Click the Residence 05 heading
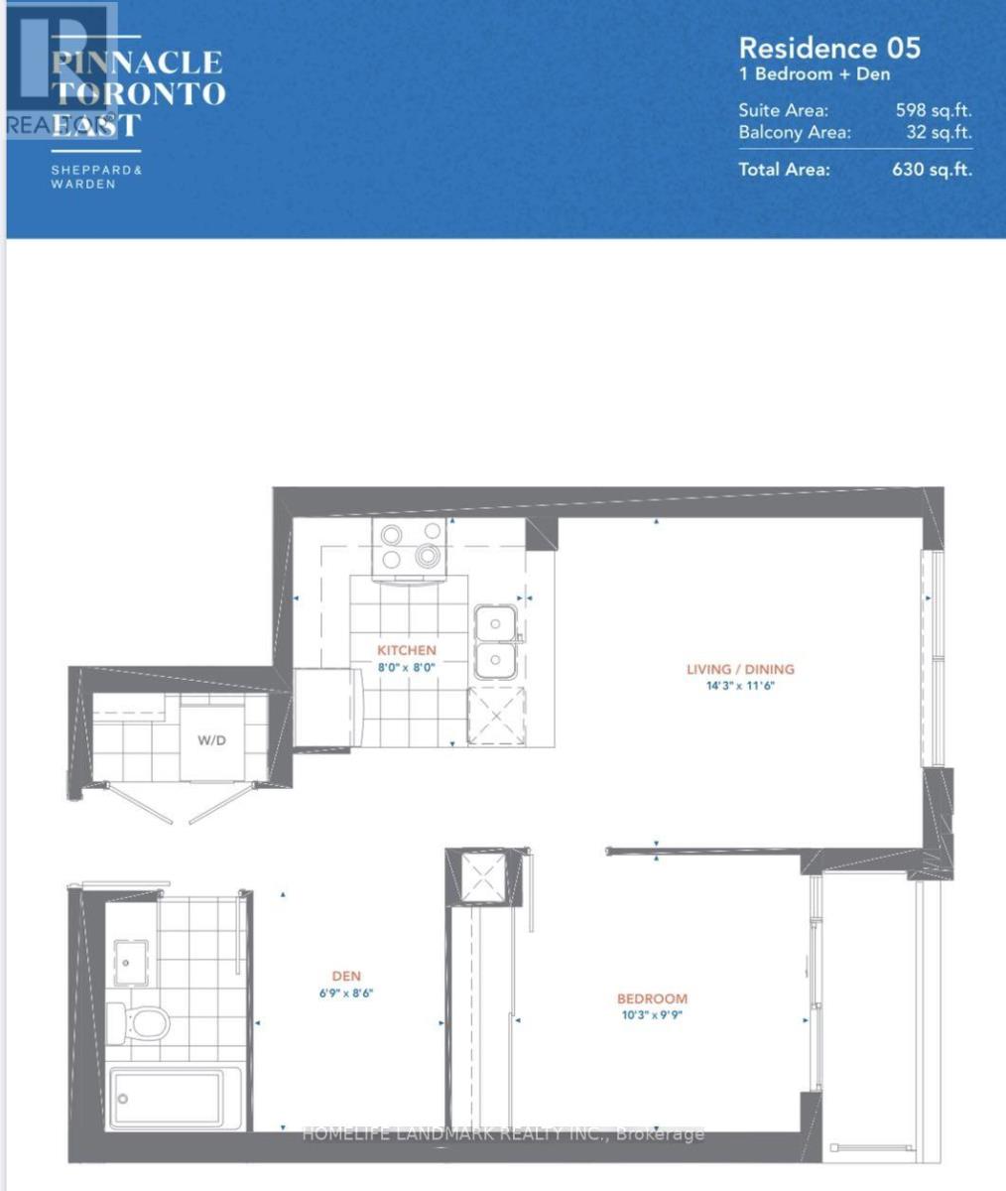point(829,48)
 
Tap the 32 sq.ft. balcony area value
point(939,132)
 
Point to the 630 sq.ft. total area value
point(932,169)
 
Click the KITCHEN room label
point(406,650)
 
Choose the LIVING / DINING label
point(740,669)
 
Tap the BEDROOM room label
point(652,998)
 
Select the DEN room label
point(347,977)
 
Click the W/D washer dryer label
point(209,739)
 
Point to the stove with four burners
point(410,547)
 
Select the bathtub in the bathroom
point(165,1099)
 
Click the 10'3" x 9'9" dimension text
point(652,1014)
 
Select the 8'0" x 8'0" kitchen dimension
point(406,667)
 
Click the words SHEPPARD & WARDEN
point(96,177)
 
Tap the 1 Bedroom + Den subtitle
point(814,74)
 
